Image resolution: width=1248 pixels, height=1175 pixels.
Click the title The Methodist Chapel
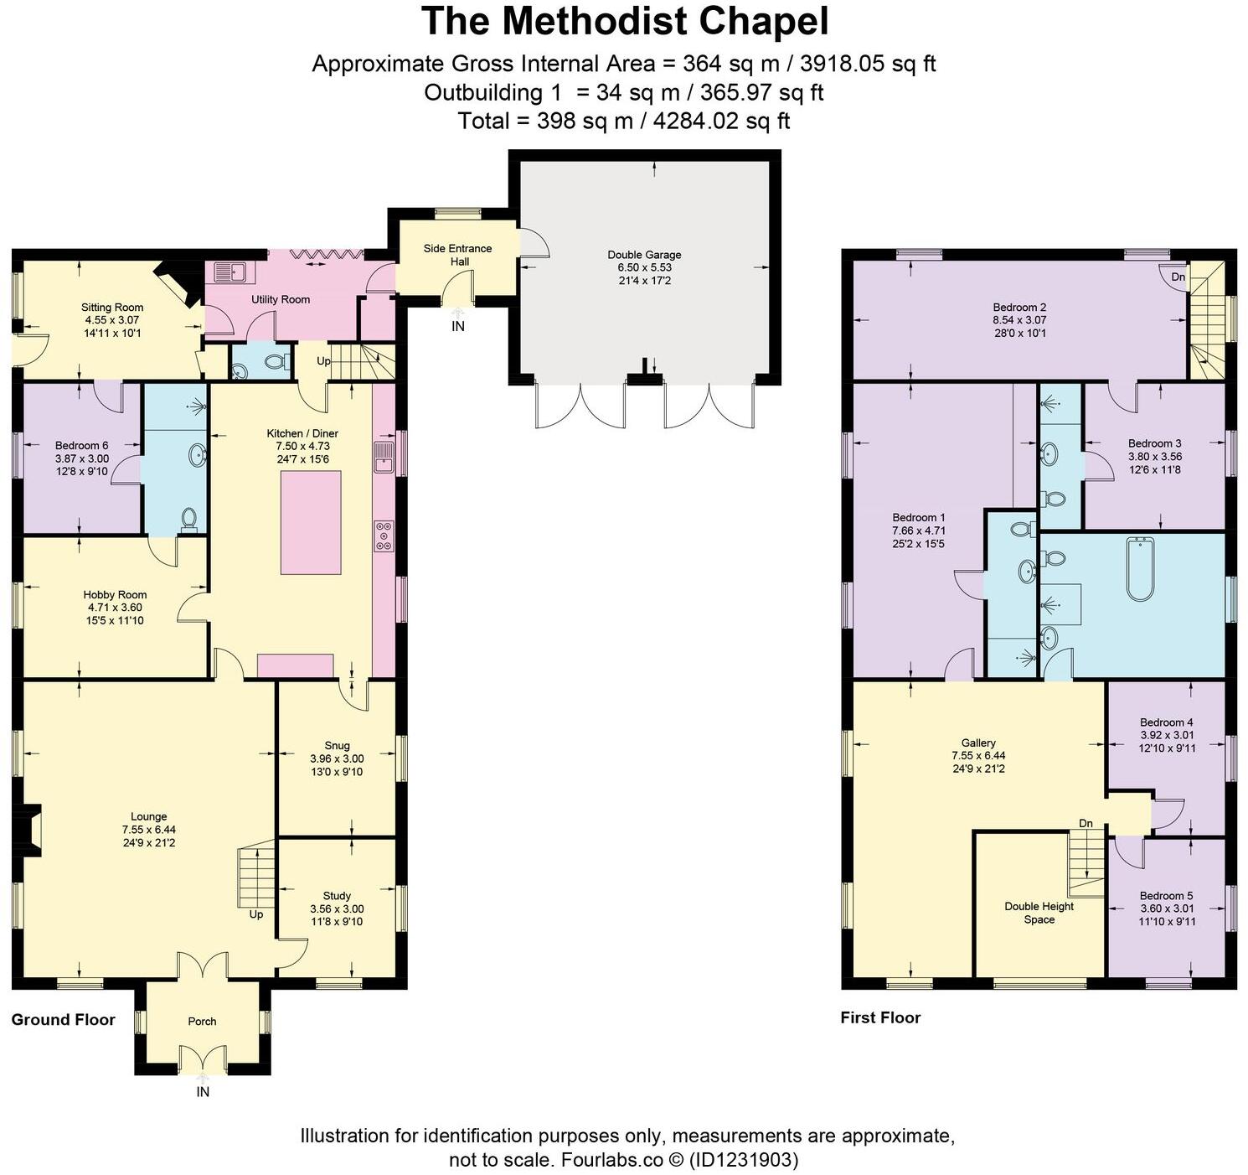click(x=624, y=22)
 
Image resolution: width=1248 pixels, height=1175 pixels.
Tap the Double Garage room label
click(x=644, y=255)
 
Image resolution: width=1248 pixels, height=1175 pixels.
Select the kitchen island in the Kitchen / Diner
click(x=311, y=522)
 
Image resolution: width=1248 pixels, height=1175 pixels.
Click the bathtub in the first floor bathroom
click(x=1140, y=569)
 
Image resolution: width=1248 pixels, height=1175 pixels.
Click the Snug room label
click(x=337, y=745)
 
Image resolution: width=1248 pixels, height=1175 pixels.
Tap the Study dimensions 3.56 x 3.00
click(x=337, y=908)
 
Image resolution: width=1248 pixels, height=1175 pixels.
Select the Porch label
click(x=202, y=1022)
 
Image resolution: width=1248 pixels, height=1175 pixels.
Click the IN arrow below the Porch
click(x=203, y=1079)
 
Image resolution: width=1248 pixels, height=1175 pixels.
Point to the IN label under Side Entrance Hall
click(x=458, y=327)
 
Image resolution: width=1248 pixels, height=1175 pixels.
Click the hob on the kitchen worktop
click(x=384, y=536)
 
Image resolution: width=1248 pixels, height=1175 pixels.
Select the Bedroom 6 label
click(x=81, y=446)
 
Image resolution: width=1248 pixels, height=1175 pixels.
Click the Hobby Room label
click(x=115, y=594)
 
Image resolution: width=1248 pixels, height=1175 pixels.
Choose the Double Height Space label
click(x=1039, y=913)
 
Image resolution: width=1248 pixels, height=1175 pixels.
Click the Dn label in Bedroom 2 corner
click(x=1178, y=277)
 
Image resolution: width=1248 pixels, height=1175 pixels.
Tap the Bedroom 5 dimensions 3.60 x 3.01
click(x=1167, y=908)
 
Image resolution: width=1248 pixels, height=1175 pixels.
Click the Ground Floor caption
click(x=63, y=1020)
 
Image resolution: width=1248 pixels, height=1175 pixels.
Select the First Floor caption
click(x=880, y=1018)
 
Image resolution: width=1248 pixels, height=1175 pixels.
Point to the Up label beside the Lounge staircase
click(x=256, y=914)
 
